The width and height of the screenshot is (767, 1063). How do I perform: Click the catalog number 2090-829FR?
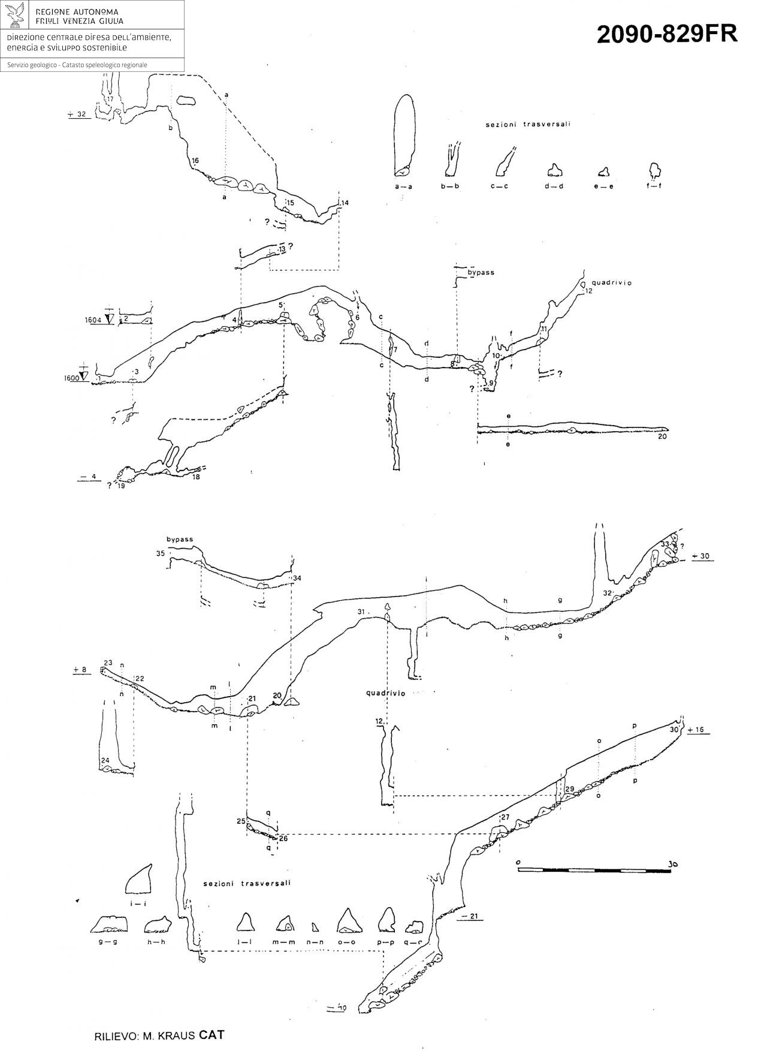pos(667,35)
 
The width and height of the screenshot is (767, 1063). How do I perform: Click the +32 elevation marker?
pos(78,114)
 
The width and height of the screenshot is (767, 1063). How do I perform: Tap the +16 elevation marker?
pos(699,730)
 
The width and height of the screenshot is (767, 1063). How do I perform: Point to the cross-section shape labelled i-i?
pos(138,880)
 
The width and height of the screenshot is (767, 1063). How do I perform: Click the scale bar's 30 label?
pos(674,864)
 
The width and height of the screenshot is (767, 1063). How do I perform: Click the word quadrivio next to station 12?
pos(612,282)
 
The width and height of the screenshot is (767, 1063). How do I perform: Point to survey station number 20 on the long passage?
pos(662,436)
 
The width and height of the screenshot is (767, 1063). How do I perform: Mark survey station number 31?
pos(361,611)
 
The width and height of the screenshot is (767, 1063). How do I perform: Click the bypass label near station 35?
pos(180,539)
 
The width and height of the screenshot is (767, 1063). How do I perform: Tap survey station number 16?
pos(195,161)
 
